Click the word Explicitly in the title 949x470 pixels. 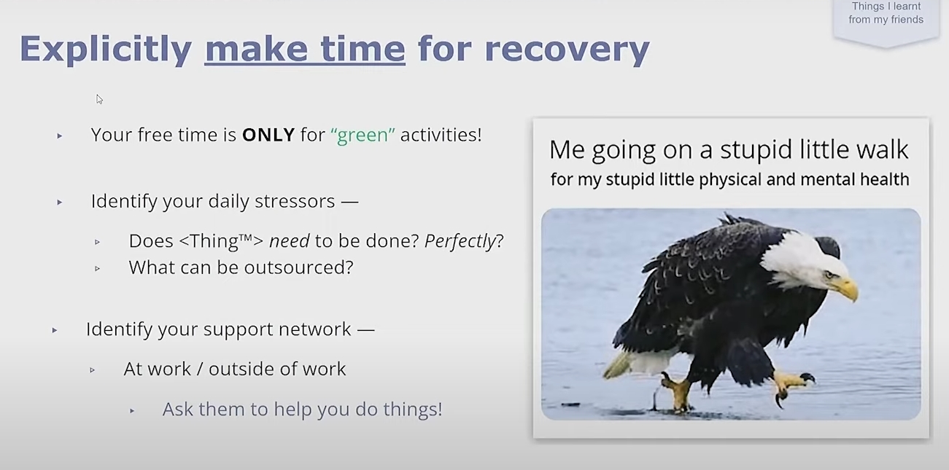pyautogui.click(x=106, y=50)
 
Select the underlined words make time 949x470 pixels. pyautogui.click(x=305, y=49)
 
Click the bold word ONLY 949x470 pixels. pyautogui.click(x=268, y=135)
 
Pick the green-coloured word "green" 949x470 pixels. pyautogui.click(x=363, y=135)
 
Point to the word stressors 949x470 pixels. pyautogui.click(x=295, y=201)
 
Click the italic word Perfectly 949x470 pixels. pyautogui.click(x=460, y=241)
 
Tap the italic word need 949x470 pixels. pyautogui.click(x=290, y=241)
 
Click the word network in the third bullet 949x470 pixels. pyautogui.click(x=315, y=329)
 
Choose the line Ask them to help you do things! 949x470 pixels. pyautogui.click(x=303, y=409)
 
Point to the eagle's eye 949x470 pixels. pyautogui.click(x=829, y=275)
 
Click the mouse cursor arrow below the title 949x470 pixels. pyautogui.click(x=99, y=99)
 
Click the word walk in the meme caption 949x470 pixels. pyautogui.click(x=882, y=149)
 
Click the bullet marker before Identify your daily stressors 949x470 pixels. pyautogui.click(x=60, y=203)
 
